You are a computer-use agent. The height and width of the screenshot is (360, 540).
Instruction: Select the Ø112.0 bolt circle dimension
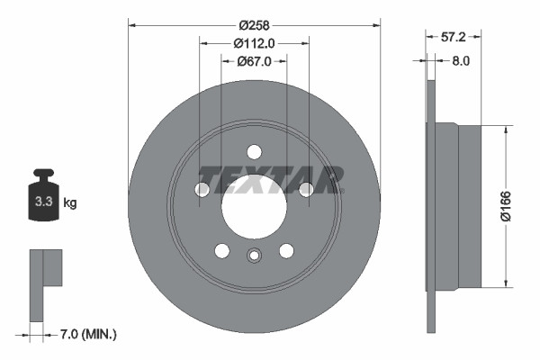point(254,42)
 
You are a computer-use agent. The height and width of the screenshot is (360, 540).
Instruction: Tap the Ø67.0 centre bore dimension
point(255,61)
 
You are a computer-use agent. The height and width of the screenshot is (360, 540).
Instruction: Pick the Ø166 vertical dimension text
point(508,206)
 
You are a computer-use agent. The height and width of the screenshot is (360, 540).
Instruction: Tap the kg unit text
point(70,202)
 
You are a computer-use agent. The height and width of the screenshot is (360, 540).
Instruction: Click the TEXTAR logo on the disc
point(271,179)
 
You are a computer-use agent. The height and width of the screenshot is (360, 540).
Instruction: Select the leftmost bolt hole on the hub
point(202,189)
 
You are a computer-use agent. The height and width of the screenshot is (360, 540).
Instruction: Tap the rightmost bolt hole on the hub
point(306,189)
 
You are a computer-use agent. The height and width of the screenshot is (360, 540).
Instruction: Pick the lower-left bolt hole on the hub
point(221,250)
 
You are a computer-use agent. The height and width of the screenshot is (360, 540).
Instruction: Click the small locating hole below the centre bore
point(254,255)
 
